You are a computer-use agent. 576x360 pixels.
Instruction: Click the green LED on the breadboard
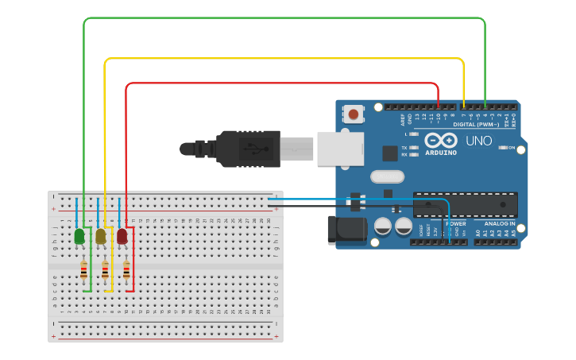point(79,236)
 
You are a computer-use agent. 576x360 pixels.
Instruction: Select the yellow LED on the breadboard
point(101,236)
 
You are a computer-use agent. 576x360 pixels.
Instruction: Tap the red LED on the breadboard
point(122,236)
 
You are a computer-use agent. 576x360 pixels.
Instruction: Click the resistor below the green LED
point(83,271)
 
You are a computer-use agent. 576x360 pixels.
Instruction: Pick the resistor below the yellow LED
point(105,271)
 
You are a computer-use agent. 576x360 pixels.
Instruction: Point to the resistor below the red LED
point(126,271)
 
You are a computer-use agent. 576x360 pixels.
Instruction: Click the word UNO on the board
point(478,141)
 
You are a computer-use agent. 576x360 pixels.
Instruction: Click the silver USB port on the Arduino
point(340,149)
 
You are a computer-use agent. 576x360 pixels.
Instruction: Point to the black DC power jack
point(347,230)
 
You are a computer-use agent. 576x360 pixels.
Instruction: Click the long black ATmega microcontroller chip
point(465,204)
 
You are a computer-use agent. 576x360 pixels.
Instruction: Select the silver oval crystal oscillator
point(387,176)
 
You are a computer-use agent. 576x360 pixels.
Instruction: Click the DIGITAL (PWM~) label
point(476,125)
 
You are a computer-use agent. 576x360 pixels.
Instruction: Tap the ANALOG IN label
point(500,223)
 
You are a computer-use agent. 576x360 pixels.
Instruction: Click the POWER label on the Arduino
point(455,223)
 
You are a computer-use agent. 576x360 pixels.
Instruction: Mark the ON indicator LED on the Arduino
point(511,148)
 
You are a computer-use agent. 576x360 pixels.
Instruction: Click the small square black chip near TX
point(390,153)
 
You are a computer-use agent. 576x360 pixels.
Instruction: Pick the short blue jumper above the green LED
point(77,213)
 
